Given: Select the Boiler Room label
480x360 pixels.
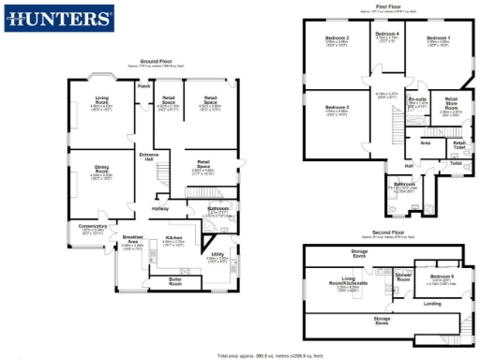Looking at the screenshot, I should point(174,279).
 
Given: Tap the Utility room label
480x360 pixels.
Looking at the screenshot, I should point(217,254).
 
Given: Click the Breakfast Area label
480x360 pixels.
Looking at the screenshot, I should point(131,241).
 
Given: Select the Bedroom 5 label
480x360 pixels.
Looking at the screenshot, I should point(442,277).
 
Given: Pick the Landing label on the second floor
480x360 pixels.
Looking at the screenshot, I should point(432,303).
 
